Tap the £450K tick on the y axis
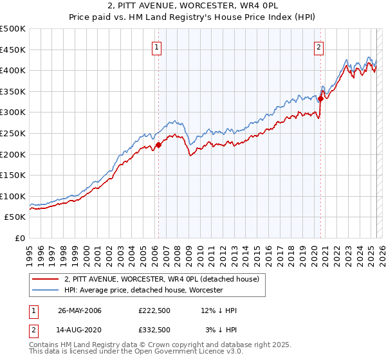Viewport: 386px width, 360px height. [13, 50]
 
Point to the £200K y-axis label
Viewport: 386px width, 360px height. [13, 154]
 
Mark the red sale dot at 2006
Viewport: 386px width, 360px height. [158, 145]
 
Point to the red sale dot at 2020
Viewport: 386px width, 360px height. [320, 98]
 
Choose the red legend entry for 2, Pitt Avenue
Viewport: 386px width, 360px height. [161, 279]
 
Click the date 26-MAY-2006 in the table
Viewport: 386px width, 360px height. [80, 310]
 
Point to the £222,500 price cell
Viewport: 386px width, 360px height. [154, 310]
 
